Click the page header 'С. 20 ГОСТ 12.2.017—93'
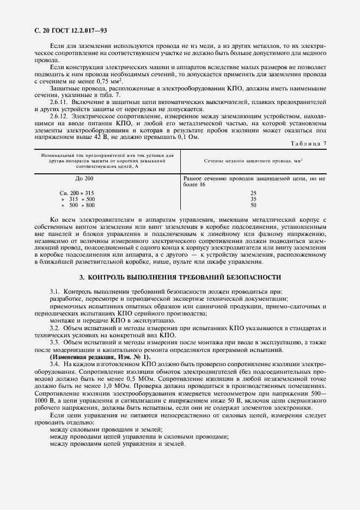pos(65,31)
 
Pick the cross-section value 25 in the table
pos(253,193)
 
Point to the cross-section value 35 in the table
pos(253,199)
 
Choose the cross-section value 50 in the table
pos(253,205)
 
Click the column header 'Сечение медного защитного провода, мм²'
pos(253,161)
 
